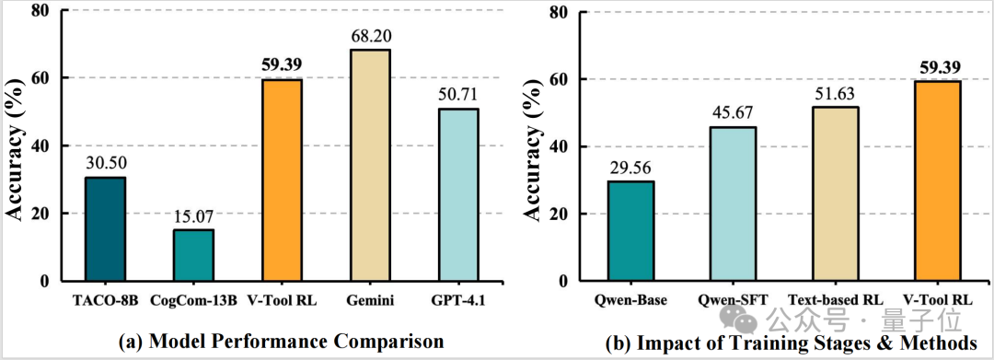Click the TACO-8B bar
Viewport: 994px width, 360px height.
tap(105, 229)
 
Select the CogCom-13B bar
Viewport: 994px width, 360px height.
tap(192, 255)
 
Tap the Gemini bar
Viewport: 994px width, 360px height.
tap(369, 166)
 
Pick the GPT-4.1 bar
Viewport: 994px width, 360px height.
tap(457, 194)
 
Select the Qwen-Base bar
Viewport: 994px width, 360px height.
tap(630, 231)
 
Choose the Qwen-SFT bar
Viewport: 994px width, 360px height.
tap(733, 204)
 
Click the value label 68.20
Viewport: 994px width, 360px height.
tap(369, 36)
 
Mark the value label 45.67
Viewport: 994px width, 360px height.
tap(733, 113)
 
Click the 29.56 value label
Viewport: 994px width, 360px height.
tap(630, 168)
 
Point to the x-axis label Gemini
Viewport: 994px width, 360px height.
tap(370, 302)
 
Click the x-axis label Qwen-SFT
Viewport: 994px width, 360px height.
tap(733, 301)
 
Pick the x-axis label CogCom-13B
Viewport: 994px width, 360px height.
tap(192, 302)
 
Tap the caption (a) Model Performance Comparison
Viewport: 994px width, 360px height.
tap(280, 342)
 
